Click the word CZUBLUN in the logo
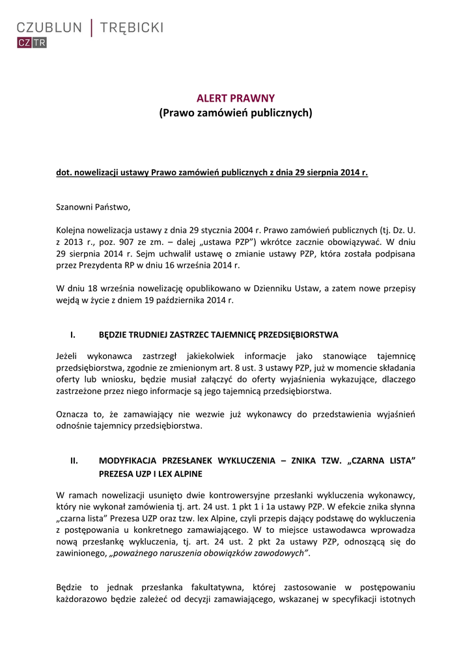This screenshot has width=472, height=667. point(49,27)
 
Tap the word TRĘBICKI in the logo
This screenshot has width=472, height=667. point(132,27)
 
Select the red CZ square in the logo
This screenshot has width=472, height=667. point(24,43)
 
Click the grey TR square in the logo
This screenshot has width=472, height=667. point(39,43)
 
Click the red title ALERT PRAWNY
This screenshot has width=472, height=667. point(236,98)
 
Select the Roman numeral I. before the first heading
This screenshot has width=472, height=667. point(73,335)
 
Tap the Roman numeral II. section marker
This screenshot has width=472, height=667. point(74,461)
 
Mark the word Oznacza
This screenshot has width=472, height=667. point(73,414)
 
